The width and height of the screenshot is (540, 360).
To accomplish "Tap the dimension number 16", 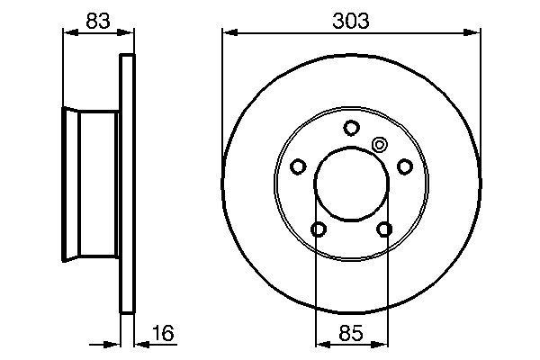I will (163, 336).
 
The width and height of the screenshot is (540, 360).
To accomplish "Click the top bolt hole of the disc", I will (351, 126).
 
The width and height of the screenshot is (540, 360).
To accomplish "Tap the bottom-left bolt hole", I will (318, 229).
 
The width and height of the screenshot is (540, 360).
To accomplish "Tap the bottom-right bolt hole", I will (385, 229).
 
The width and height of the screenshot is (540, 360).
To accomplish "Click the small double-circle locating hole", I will (379, 144).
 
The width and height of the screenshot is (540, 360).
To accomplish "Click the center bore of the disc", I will (351, 184).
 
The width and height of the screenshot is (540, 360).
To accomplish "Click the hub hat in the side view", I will (90, 184).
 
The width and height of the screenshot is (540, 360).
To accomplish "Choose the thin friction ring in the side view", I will (128, 184).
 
